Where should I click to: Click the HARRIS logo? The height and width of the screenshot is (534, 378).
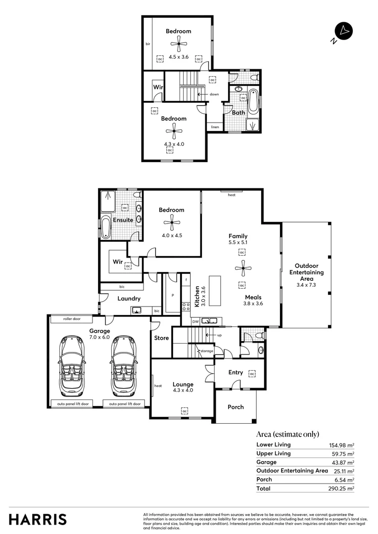(38, 519)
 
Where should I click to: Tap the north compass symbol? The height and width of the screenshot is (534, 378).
(342, 31)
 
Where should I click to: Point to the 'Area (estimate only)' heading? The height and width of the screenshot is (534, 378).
(287, 435)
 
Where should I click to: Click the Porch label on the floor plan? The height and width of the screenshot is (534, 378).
(236, 407)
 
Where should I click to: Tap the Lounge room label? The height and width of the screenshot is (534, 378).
(183, 384)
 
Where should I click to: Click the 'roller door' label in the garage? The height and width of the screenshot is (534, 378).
(71, 319)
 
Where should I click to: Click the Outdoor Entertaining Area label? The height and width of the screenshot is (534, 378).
(306, 272)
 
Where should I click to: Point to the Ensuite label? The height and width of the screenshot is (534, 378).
(123, 220)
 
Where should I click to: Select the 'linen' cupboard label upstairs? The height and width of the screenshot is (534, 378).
(215, 127)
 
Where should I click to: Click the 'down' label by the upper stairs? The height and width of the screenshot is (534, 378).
(214, 94)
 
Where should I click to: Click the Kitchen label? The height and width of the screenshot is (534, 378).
(196, 297)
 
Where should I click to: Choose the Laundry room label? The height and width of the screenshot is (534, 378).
(129, 299)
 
